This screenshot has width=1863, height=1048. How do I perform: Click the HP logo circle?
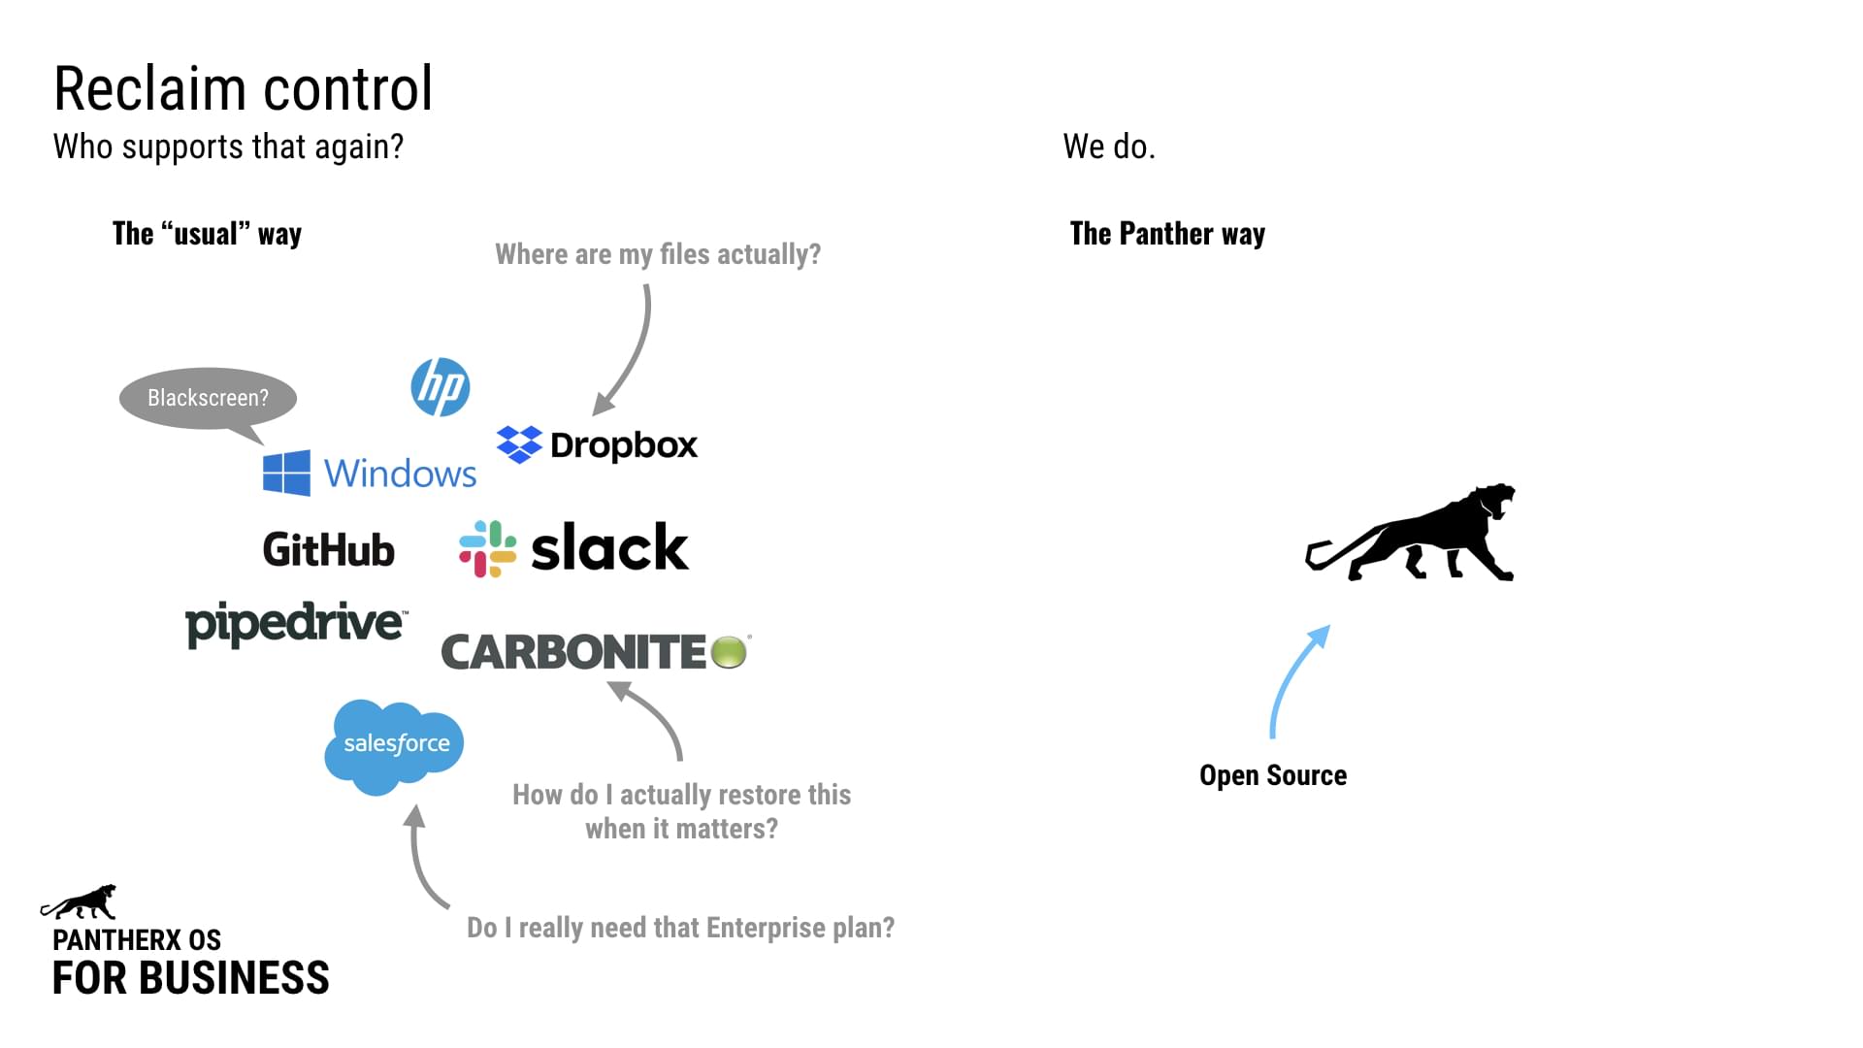(441, 387)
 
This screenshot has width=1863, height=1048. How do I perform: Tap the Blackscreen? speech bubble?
(208, 397)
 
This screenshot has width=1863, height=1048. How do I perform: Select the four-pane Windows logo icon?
(286, 473)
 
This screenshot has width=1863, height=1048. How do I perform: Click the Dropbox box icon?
(519, 444)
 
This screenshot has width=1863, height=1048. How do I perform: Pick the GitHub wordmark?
(329, 549)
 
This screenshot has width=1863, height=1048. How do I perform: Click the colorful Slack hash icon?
(487, 548)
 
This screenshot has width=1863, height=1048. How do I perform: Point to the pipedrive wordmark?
(296, 623)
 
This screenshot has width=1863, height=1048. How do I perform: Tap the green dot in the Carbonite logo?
(729, 652)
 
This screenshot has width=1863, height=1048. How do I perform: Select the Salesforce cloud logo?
(394, 745)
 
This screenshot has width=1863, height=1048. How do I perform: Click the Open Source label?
(1273, 775)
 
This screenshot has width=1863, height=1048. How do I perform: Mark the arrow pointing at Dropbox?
(631, 349)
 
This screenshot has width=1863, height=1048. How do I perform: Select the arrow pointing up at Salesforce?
(422, 859)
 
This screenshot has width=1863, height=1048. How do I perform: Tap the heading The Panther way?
(1167, 234)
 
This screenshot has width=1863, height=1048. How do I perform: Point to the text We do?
(1109, 147)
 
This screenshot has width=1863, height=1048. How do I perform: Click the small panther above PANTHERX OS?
(80, 902)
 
